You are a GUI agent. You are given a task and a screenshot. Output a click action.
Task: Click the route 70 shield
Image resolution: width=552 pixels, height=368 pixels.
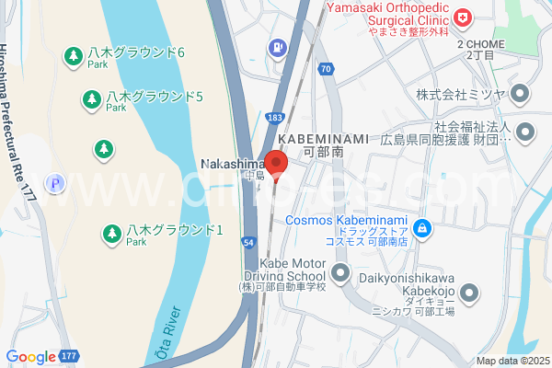point(326,69)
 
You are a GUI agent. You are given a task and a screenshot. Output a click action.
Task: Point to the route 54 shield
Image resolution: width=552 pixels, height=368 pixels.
point(249,240)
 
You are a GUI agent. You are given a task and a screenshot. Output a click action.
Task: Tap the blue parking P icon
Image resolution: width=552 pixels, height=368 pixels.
point(55,183)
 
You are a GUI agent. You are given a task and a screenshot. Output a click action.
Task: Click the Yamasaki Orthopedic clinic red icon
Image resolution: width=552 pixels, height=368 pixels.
point(462,17)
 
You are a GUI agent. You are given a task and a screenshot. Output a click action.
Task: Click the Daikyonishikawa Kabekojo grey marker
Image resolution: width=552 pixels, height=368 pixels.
point(469,294)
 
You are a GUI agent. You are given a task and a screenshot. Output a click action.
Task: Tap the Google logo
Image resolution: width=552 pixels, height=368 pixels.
point(30,357)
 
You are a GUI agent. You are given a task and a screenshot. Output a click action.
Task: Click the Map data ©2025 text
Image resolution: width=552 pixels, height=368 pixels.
point(512,361)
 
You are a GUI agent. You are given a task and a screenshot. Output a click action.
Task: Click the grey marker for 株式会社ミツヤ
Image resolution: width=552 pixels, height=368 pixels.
point(521,94)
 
